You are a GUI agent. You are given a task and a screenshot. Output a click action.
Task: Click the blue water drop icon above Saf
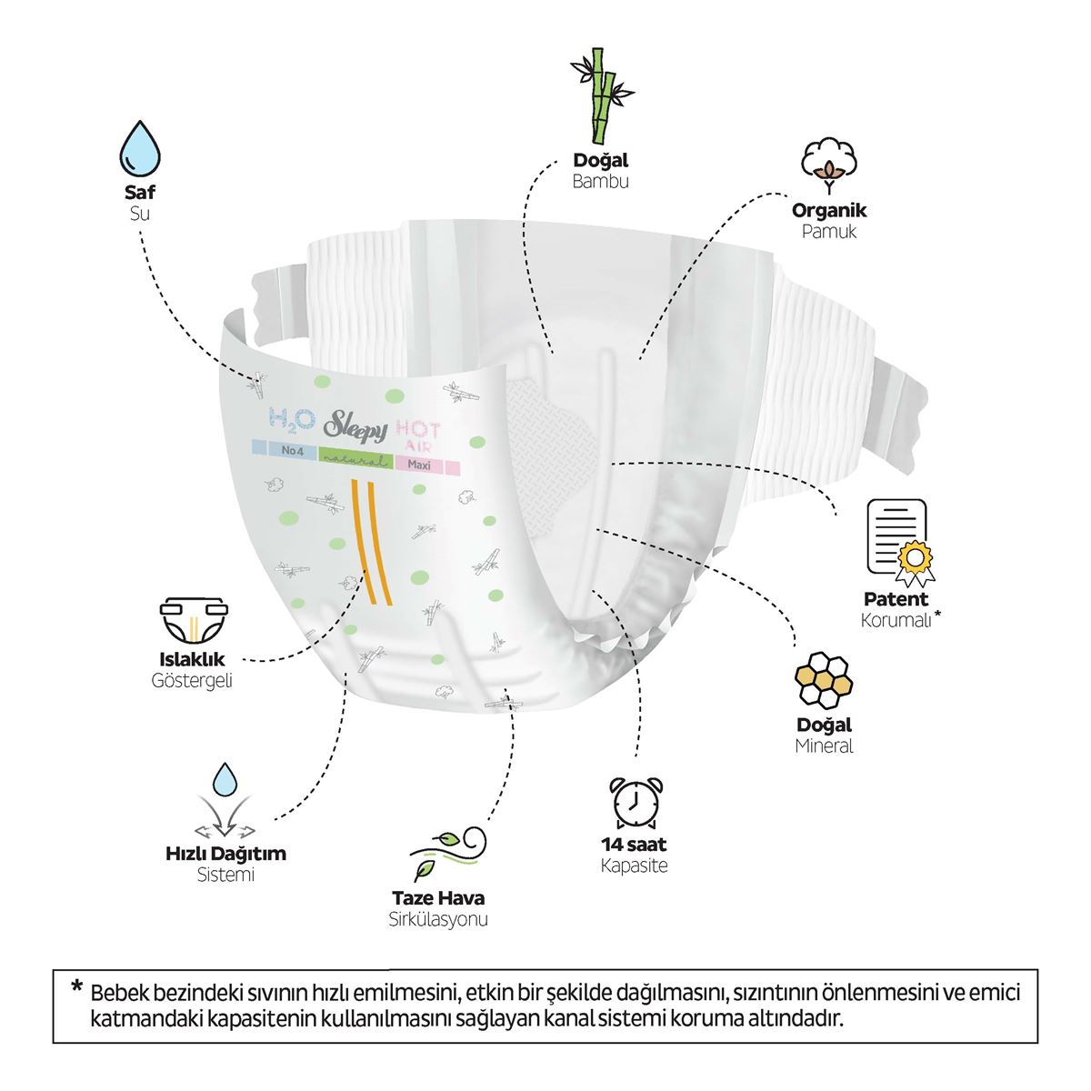141,150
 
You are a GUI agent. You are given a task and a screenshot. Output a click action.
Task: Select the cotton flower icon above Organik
829,165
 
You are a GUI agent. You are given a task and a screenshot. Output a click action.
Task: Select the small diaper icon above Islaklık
194,622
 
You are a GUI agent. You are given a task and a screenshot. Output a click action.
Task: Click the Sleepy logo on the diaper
355,426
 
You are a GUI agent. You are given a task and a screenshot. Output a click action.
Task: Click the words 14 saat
634,845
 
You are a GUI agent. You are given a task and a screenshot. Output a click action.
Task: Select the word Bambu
601,181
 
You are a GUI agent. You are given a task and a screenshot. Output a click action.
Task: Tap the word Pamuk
829,231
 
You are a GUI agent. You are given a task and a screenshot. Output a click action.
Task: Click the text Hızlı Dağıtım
225,854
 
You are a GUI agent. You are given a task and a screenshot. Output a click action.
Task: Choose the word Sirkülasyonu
438,919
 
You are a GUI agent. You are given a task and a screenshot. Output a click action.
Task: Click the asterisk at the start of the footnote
76,986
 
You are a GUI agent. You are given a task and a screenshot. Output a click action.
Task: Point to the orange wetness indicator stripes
370,543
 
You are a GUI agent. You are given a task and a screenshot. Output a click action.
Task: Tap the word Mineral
824,746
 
